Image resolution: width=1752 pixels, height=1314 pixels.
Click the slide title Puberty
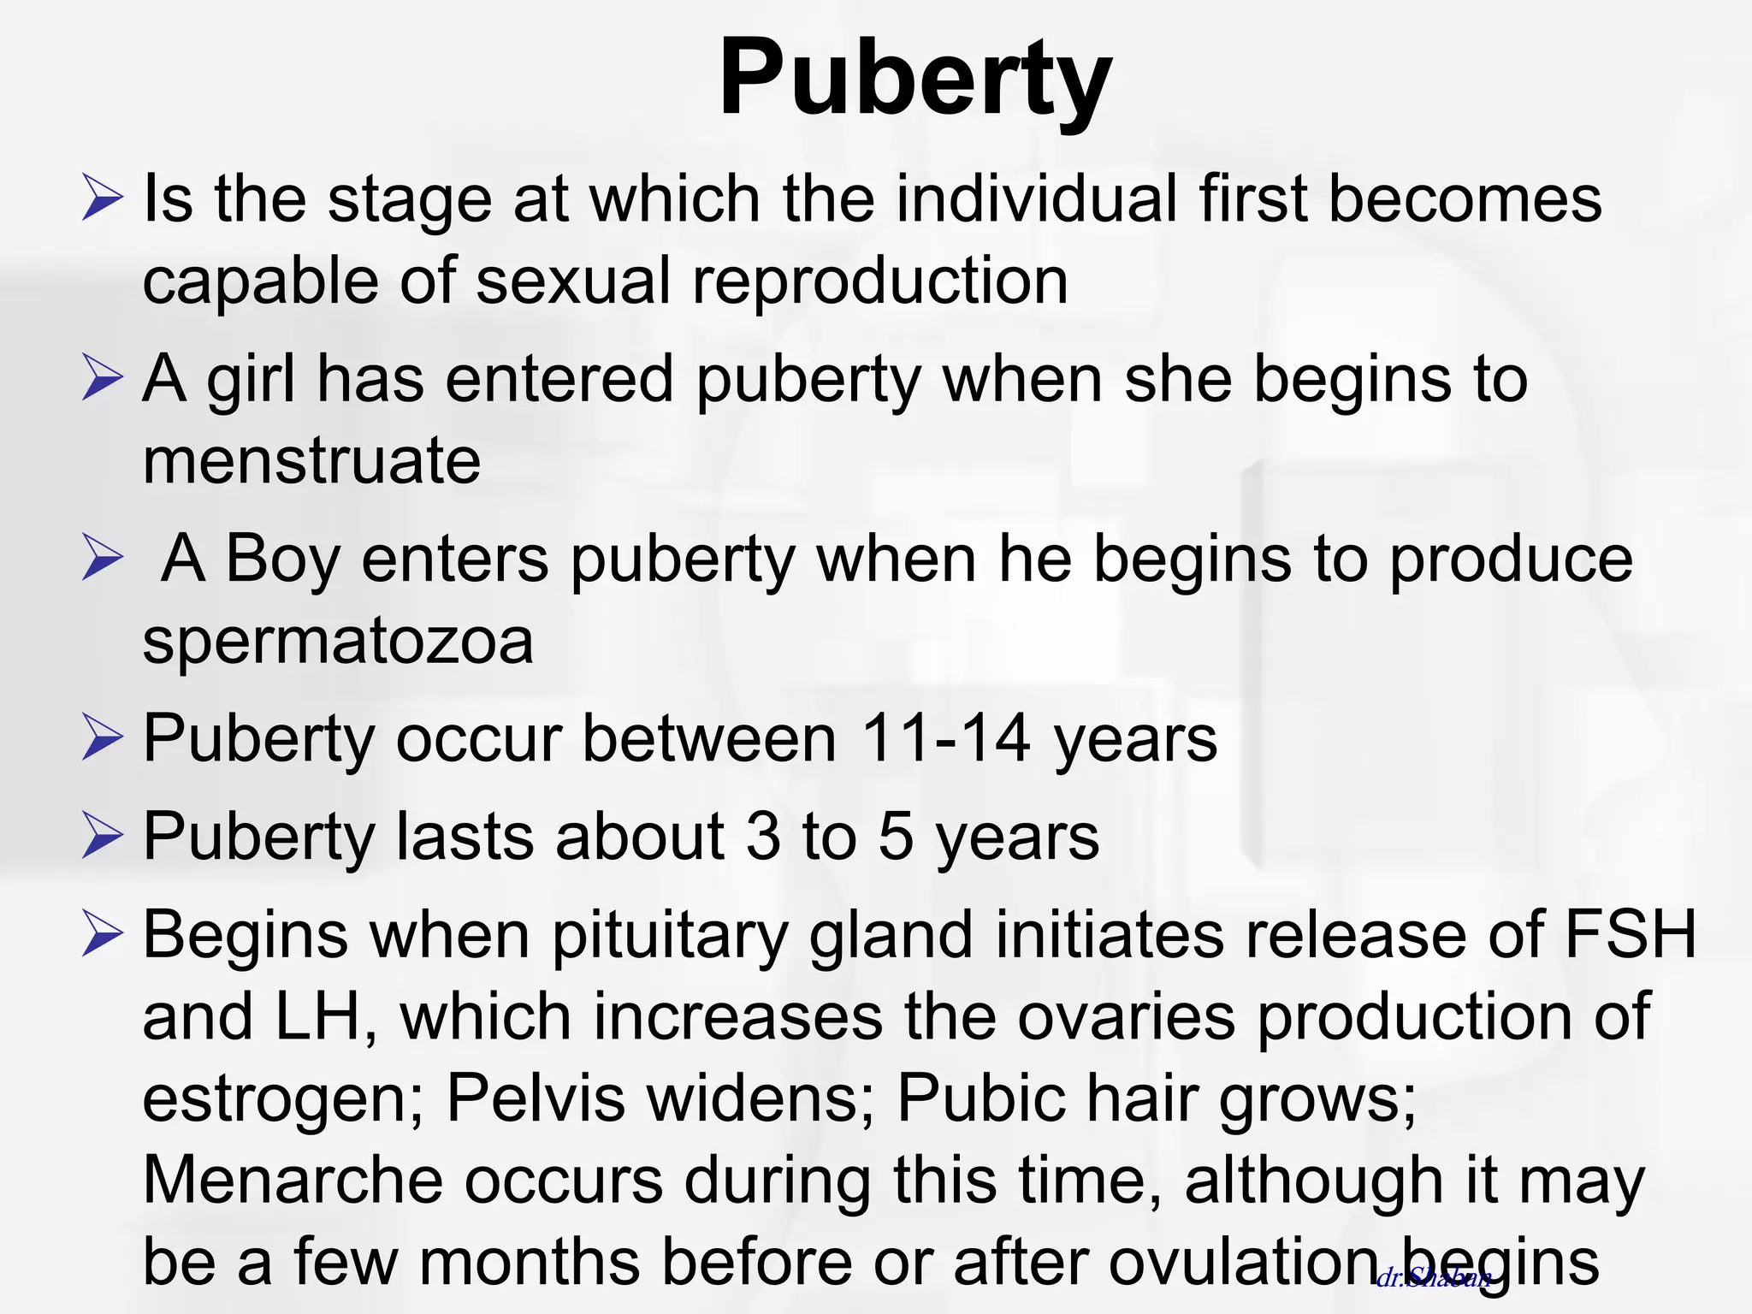click(914, 79)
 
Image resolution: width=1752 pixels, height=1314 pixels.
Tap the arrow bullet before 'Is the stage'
click(103, 198)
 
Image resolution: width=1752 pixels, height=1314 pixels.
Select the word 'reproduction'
click(879, 281)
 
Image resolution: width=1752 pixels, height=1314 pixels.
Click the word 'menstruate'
click(311, 460)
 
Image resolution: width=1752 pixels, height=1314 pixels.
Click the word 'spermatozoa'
click(338, 641)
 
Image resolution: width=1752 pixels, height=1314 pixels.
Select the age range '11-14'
click(944, 737)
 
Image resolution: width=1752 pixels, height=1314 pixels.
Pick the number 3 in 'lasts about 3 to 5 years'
click(763, 836)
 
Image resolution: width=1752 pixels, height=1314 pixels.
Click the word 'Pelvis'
click(536, 1097)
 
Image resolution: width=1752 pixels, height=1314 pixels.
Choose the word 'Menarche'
click(293, 1180)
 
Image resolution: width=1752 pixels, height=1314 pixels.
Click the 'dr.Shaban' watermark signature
click(1434, 1278)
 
